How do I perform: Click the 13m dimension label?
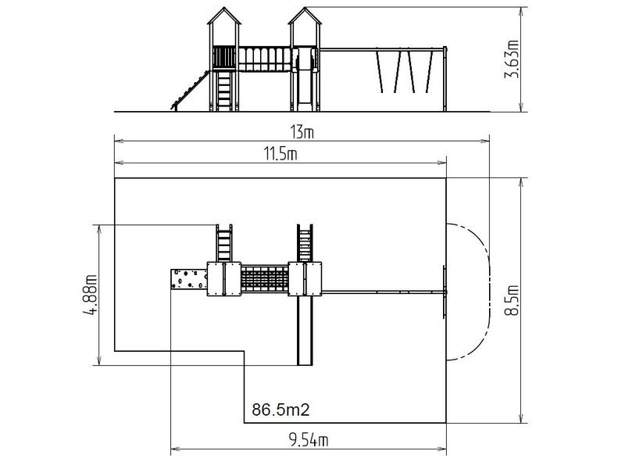(x=302, y=132)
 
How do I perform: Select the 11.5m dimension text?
(x=280, y=153)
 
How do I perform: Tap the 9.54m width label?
(x=309, y=440)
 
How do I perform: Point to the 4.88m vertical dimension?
(x=91, y=295)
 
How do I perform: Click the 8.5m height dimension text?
(x=512, y=300)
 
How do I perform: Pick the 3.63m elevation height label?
(x=512, y=59)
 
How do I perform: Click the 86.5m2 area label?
(x=280, y=410)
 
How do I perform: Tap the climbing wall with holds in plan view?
(x=189, y=279)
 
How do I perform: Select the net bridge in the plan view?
(x=264, y=279)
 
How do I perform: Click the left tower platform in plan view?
(x=224, y=279)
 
